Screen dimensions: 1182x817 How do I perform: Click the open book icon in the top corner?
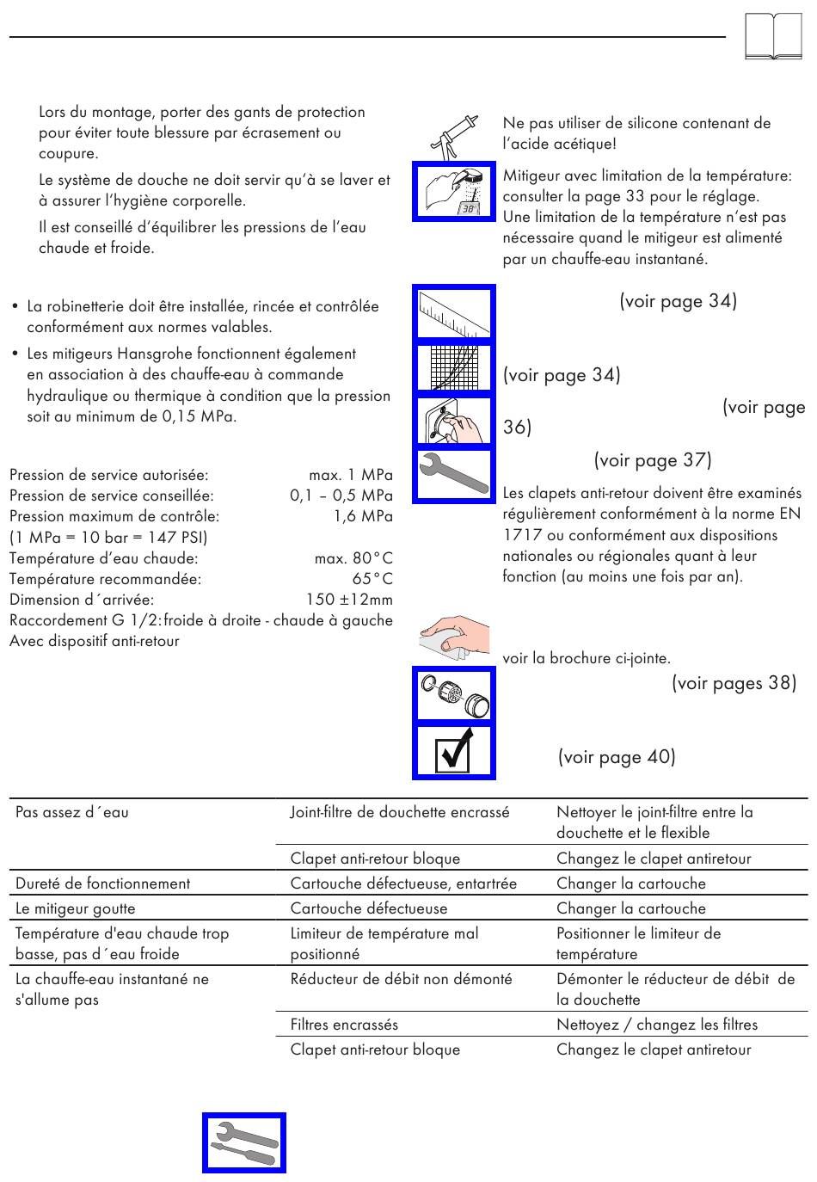[773, 37]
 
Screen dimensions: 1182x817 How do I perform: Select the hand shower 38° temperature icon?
[454, 191]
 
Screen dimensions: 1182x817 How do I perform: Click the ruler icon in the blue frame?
[454, 313]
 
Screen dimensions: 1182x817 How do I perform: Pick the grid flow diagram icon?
[454, 367]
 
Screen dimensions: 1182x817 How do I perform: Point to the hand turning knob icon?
[454, 422]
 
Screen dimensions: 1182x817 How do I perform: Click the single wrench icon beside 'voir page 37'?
[454, 474]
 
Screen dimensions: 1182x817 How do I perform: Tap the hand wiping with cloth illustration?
[454, 637]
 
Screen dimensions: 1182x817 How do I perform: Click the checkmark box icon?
[454, 751]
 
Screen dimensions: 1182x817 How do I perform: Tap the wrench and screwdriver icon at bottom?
[244, 1143]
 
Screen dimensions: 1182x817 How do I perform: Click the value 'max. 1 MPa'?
[351, 475]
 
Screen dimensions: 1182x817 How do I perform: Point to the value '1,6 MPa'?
[363, 516]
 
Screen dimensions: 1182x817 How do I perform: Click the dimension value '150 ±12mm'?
[349, 600]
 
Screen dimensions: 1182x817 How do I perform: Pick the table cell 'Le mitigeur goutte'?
[76, 908]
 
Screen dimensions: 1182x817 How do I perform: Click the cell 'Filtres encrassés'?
[344, 1025]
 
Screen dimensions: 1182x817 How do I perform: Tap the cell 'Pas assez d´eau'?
[72, 812]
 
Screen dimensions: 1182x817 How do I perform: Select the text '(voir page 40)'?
[617, 757]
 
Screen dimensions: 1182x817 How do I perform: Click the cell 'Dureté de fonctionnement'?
[103, 883]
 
